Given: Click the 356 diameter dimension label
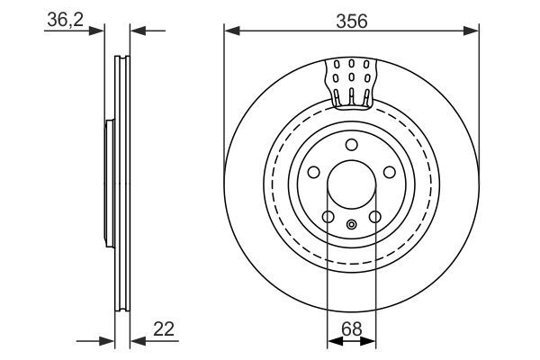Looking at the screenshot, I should [x=351, y=20].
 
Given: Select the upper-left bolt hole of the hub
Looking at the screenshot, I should [x=313, y=173].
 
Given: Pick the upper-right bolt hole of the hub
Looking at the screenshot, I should [x=389, y=173].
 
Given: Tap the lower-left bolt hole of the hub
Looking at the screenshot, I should [x=328, y=217].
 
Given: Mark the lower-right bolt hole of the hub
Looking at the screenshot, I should [x=374, y=217].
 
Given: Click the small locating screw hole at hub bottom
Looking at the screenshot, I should [x=351, y=224].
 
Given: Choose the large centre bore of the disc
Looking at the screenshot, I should [x=351, y=184].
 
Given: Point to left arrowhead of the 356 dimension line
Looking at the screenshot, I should [x=230, y=31].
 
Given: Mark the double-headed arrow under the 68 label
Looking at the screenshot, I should [x=351, y=341].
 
